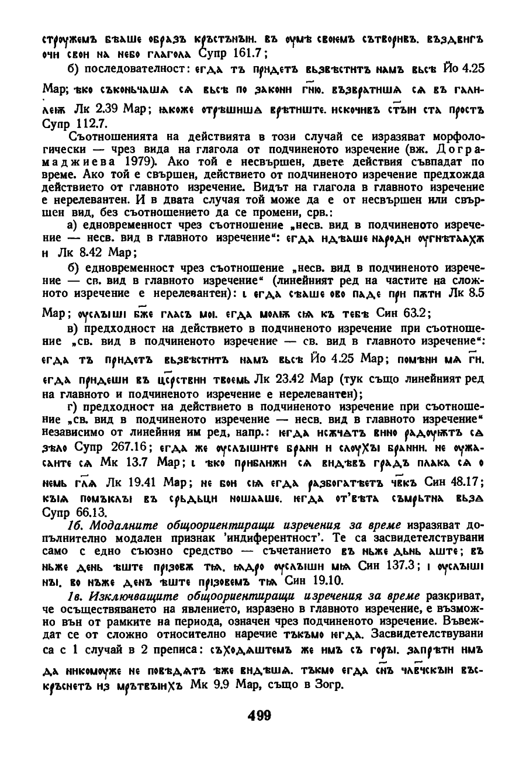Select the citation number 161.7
(x=248, y=54)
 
